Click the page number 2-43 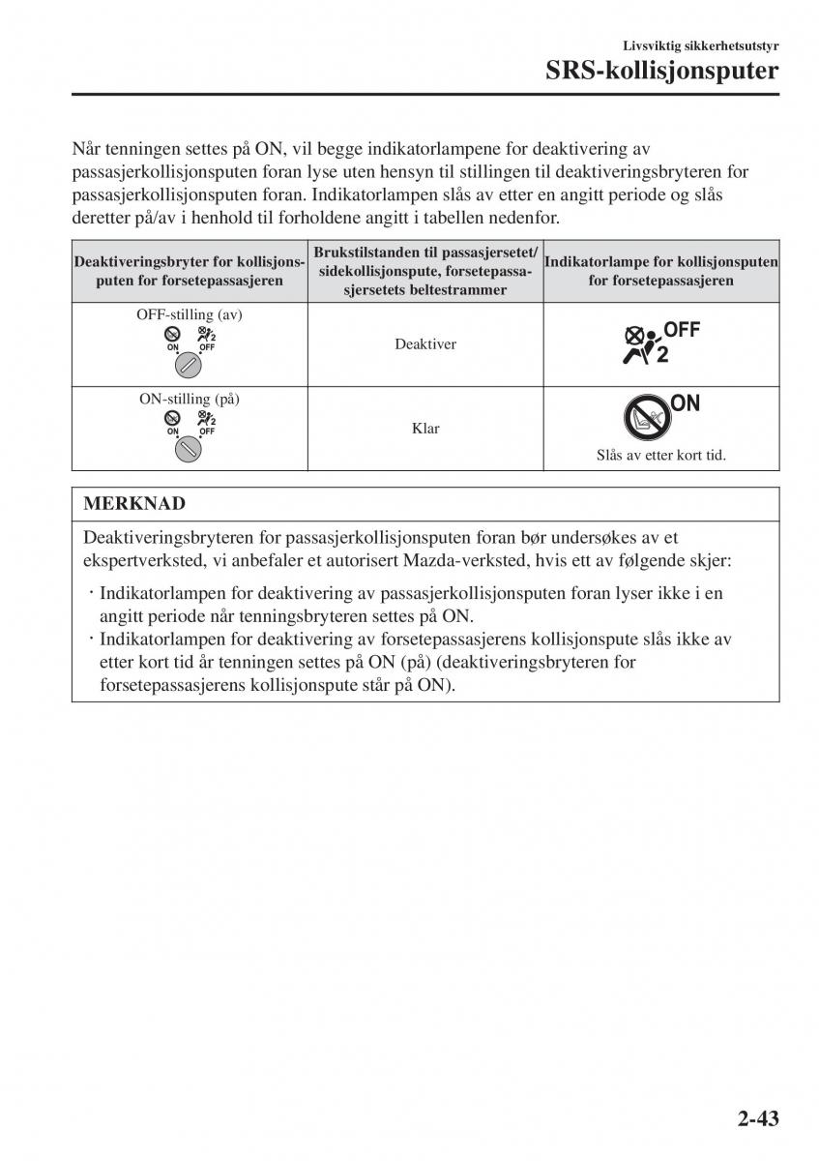pyautogui.click(x=749, y=1118)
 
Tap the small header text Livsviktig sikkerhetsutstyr pyautogui.click(x=701, y=45)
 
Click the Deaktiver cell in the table pyautogui.click(x=425, y=344)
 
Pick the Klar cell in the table pyautogui.click(x=425, y=429)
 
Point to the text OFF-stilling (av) pyautogui.click(x=190, y=314)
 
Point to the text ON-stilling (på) pyautogui.click(x=190, y=399)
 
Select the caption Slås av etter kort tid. pyautogui.click(x=660, y=455)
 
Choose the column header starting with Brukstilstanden pyautogui.click(x=425, y=271)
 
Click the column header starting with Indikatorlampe pyautogui.click(x=661, y=271)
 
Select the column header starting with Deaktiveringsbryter pyautogui.click(x=190, y=271)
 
